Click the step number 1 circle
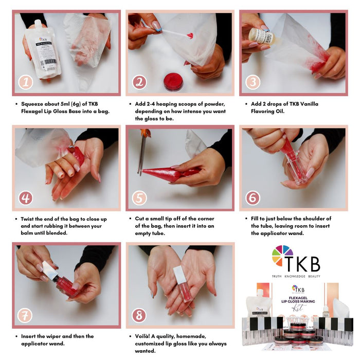pos(26,82)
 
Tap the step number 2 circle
pos(139,82)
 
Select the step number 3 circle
pos(253,82)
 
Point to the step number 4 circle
pos(26,198)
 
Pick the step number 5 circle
pos(139,198)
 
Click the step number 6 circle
pos(253,198)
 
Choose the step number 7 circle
pos(26,314)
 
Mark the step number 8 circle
pos(139,314)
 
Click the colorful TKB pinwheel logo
pos(282,256)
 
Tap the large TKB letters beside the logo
pos(308,263)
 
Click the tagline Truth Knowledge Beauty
pos(296,277)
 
